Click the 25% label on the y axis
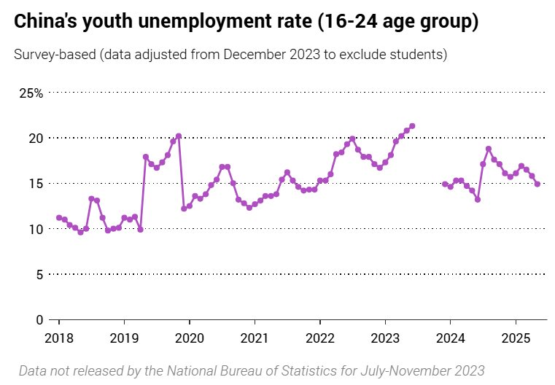click(x=31, y=93)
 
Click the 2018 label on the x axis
click(x=59, y=338)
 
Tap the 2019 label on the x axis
click(x=124, y=338)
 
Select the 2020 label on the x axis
click(x=190, y=338)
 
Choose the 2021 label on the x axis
click(x=255, y=338)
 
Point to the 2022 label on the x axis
click(x=319, y=338)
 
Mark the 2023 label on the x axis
click(x=385, y=338)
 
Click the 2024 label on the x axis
click(x=450, y=338)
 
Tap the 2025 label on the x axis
click(x=515, y=338)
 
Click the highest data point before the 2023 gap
click(x=412, y=126)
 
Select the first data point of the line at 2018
click(x=59, y=217)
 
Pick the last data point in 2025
click(x=537, y=184)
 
